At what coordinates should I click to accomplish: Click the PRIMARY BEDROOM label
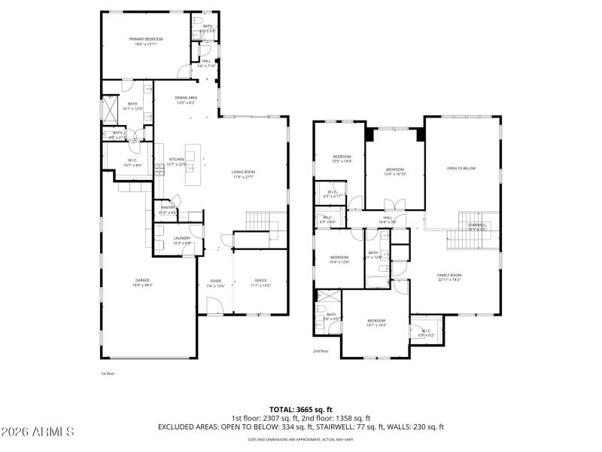tap(145, 39)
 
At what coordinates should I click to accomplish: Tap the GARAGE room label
tap(143, 280)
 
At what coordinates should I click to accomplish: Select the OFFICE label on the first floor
tap(260, 280)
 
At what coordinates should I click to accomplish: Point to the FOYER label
tap(216, 280)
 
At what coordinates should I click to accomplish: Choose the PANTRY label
tap(168, 208)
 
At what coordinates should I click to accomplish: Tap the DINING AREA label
tap(186, 98)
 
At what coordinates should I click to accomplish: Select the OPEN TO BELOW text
tap(461, 168)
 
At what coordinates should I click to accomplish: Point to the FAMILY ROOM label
tap(449, 276)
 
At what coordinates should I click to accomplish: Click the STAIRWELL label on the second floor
tap(477, 225)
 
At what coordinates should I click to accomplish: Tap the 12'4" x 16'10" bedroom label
tap(395, 170)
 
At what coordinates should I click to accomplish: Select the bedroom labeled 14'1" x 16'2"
tap(376, 322)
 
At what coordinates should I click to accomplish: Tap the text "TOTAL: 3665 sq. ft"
tap(300, 409)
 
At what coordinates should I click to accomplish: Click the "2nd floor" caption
tap(321, 351)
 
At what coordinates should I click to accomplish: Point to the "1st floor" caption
tap(108, 373)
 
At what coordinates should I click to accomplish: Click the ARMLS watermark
tap(38, 432)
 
